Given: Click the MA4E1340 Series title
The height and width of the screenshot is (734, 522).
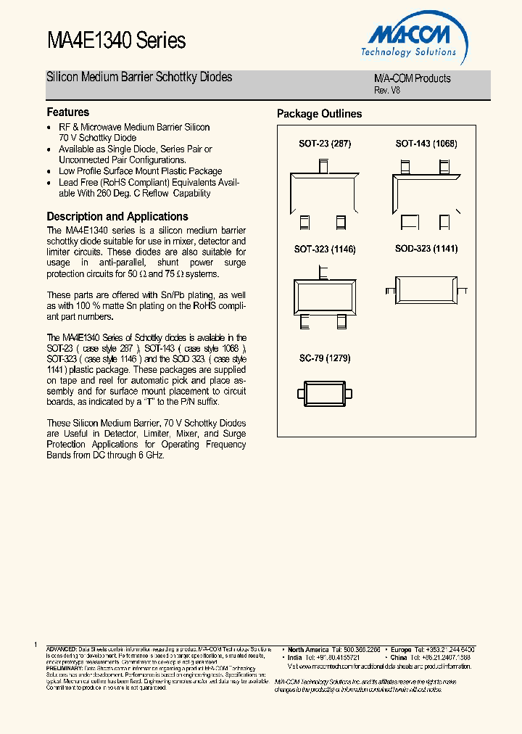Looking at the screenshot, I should [116, 41].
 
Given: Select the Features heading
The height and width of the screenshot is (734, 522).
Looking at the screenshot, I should [68, 112].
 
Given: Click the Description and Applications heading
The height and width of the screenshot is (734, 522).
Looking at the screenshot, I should [117, 216].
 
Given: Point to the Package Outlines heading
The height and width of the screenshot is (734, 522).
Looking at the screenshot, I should [319, 114].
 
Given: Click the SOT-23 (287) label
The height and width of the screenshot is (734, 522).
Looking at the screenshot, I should [325, 144].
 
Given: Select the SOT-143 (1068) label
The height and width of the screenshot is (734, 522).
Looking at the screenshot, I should [426, 144].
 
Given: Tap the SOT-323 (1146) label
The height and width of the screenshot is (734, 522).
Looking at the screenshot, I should [325, 249].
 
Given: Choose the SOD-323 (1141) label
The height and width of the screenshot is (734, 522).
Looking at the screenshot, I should [426, 249].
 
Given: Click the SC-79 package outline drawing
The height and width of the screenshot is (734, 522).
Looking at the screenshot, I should [325, 394].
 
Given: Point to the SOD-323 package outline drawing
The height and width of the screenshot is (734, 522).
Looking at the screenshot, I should [426, 287].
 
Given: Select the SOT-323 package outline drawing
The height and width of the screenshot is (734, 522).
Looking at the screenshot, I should [325, 296].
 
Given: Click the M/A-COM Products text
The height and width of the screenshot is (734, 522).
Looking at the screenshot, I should [412, 78].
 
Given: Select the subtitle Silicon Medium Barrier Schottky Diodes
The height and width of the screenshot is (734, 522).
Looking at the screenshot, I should [139, 77].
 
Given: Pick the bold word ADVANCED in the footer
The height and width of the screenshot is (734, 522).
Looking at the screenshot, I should [61, 649].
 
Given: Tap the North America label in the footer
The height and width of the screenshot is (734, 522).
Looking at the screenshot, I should [308, 649].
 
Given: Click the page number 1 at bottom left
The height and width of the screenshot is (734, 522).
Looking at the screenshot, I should [35, 645].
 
